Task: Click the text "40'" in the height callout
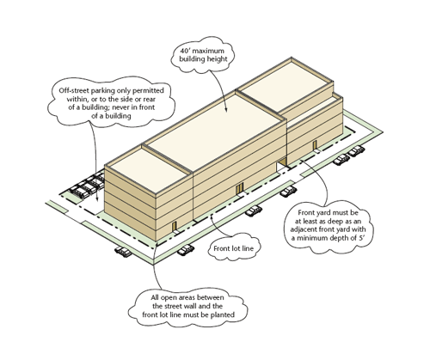[x=184, y=51]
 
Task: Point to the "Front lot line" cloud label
[x=234, y=248]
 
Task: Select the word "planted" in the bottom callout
[x=223, y=314]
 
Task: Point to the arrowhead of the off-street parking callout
[x=97, y=199]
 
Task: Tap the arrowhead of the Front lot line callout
[x=212, y=217]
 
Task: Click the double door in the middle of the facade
[x=239, y=189]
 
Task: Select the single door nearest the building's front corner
[x=174, y=227]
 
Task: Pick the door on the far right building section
[x=315, y=145]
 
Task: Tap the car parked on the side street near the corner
[x=123, y=251]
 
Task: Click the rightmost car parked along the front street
[x=356, y=150]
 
